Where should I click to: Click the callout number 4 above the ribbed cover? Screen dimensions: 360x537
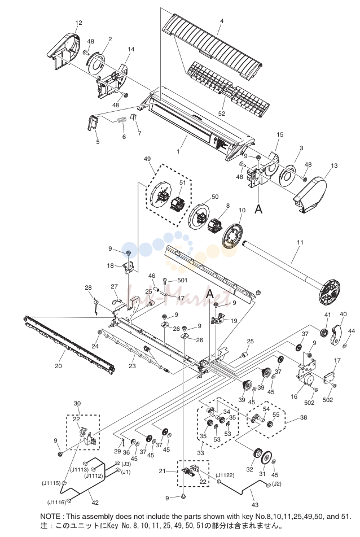pos(222,21)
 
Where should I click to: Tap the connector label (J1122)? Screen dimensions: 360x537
pos(225,475)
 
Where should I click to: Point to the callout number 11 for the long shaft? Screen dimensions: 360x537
pos(300,242)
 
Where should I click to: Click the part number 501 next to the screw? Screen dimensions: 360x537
pos(182,280)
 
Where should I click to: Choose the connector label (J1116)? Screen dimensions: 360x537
pos(56,503)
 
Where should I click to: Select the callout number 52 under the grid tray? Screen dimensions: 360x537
pos(222,113)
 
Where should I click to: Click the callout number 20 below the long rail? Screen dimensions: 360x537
pos(59,366)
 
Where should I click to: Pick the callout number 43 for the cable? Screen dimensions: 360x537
pos(255,504)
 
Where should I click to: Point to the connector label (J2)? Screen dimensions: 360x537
pos(277,484)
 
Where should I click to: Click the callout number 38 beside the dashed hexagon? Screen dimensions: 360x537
pos(304,417)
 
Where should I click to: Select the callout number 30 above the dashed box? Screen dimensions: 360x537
pos(77,403)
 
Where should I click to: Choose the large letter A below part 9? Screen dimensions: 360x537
pos(258,208)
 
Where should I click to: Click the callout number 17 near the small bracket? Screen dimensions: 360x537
pos(337,360)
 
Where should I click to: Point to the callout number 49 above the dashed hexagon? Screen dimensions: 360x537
pos(147,159)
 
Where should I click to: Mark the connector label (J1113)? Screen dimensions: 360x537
pos(80,470)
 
